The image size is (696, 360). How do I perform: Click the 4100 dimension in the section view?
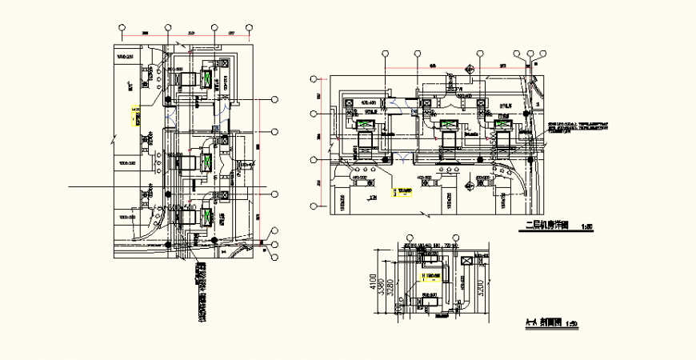coord(373,282)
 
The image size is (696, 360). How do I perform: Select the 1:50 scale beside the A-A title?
coord(570,324)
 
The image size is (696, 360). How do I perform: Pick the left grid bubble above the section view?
coord(409,238)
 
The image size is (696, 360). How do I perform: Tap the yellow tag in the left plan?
coord(134,115)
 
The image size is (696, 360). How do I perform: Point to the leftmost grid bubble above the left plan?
coord(122,27)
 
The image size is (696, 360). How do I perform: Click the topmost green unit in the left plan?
coord(207,78)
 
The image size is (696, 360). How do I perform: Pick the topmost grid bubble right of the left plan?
coord(274,99)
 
